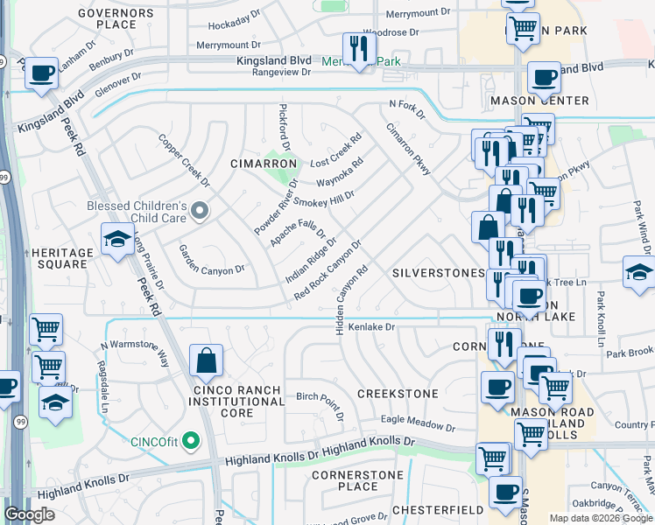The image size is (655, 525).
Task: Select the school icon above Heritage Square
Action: click(117, 240)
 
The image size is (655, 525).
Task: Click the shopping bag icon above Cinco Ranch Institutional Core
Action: click(206, 360)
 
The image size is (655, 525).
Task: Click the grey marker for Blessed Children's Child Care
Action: click(201, 210)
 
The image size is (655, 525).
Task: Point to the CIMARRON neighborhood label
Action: click(258, 164)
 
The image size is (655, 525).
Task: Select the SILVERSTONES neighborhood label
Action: click(437, 273)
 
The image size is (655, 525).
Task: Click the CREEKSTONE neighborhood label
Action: click(398, 394)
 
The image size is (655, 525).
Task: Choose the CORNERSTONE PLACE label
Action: click(358, 480)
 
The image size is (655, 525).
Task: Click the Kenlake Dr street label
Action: click(373, 327)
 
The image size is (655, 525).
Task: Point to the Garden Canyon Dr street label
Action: click(211, 270)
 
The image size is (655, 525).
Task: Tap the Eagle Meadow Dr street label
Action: click(418, 424)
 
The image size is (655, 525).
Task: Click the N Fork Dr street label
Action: click(406, 109)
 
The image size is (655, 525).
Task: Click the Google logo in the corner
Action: click(30, 514)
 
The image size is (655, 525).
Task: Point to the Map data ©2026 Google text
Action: click(601, 518)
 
